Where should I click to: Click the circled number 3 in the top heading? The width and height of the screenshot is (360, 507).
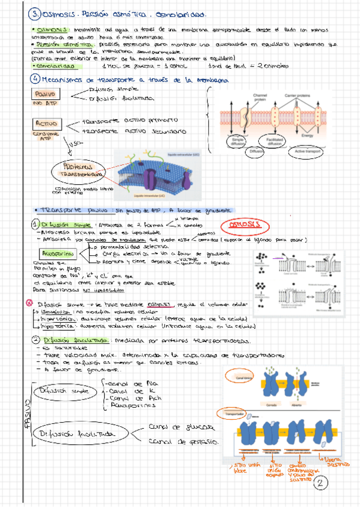pos(19,14)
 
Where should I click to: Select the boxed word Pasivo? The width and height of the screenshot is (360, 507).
pos(45,94)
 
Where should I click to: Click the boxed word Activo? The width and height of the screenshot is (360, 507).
pos(45,123)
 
